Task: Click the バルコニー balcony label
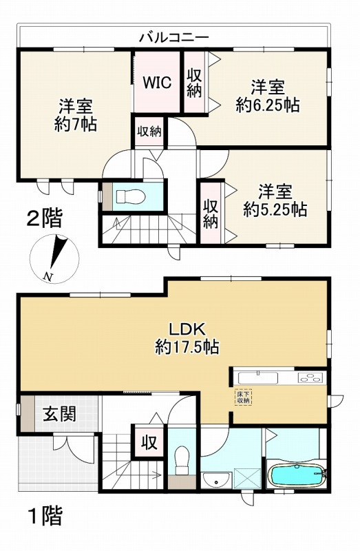(x=173, y=37)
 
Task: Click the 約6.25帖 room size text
(x=268, y=105)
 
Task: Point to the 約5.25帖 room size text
(x=275, y=209)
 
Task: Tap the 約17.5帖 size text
(x=187, y=348)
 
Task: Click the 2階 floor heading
(x=45, y=220)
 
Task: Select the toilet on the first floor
(x=182, y=460)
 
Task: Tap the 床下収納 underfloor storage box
(x=244, y=397)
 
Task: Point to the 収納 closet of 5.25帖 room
(x=211, y=213)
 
